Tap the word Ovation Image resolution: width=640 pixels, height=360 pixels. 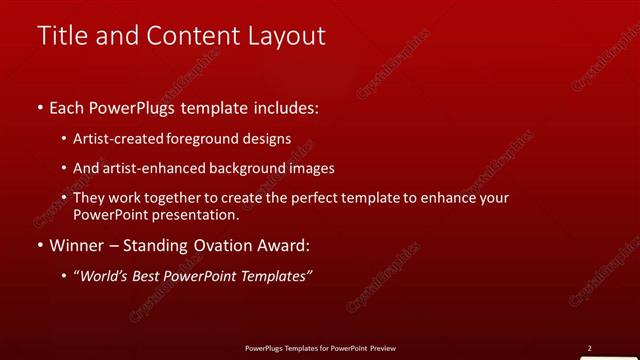220,245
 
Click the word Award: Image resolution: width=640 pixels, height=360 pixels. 284,245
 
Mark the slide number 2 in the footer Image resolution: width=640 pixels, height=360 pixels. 589,348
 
